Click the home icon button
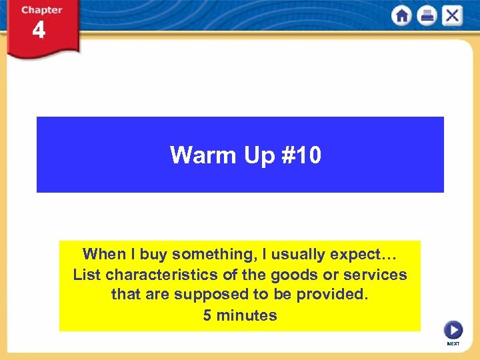[402, 16]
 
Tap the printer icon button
[427, 16]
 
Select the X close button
[452, 16]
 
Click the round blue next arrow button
[453, 330]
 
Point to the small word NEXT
[453, 344]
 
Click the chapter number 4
[39, 31]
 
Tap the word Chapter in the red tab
[41, 10]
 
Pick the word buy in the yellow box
[151, 254]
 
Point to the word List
[87, 275]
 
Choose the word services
[375, 275]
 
